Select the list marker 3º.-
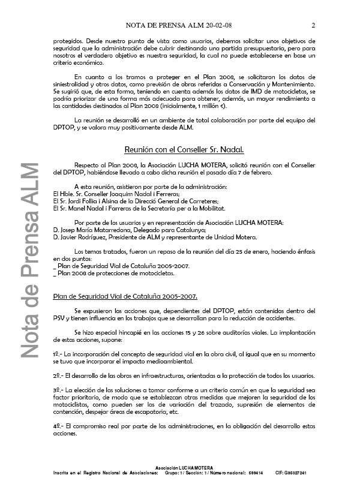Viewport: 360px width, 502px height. (x=58, y=390)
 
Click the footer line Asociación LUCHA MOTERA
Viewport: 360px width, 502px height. (x=180, y=467)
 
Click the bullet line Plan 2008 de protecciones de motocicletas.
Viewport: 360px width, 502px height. (x=107, y=273)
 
